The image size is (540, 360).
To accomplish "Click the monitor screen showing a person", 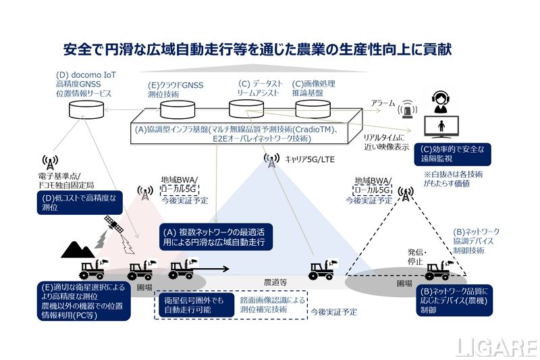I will pos(441,128).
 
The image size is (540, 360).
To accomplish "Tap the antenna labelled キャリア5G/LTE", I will pos(271,161).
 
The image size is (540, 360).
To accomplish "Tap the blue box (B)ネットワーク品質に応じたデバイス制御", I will pos(451,301).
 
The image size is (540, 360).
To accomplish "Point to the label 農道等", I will pos(275,282).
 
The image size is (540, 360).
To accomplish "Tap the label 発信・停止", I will pos(416,255).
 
